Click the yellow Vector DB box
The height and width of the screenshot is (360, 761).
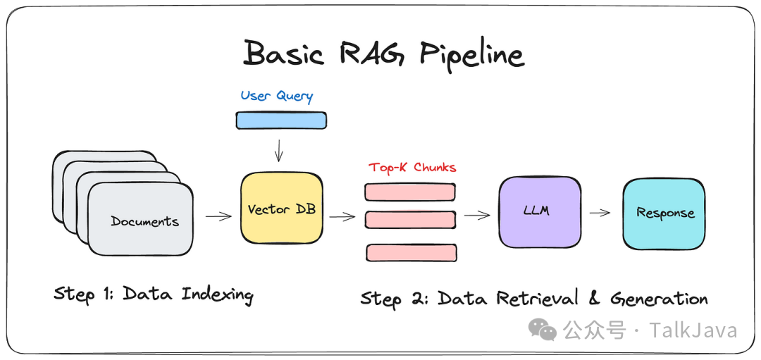(x=281, y=209)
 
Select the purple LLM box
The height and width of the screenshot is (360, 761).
(x=540, y=211)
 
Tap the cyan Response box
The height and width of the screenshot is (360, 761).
(x=664, y=213)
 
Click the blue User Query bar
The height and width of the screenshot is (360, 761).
(x=280, y=120)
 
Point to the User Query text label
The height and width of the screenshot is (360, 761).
(x=276, y=96)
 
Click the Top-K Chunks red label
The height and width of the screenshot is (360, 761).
(x=412, y=168)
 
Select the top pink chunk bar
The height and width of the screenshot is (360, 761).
(x=409, y=192)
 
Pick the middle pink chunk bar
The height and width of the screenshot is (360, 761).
(x=409, y=220)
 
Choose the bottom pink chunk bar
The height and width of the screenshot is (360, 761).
(x=409, y=252)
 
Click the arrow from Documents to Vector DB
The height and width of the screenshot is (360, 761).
(x=218, y=216)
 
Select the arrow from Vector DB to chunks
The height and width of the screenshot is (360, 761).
(x=342, y=216)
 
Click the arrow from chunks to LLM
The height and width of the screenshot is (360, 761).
(x=477, y=215)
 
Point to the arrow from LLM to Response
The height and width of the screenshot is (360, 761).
(x=600, y=213)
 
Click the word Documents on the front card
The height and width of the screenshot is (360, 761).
(x=144, y=221)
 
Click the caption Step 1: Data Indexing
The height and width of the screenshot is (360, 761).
(x=153, y=294)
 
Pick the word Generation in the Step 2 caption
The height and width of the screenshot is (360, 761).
(x=659, y=299)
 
